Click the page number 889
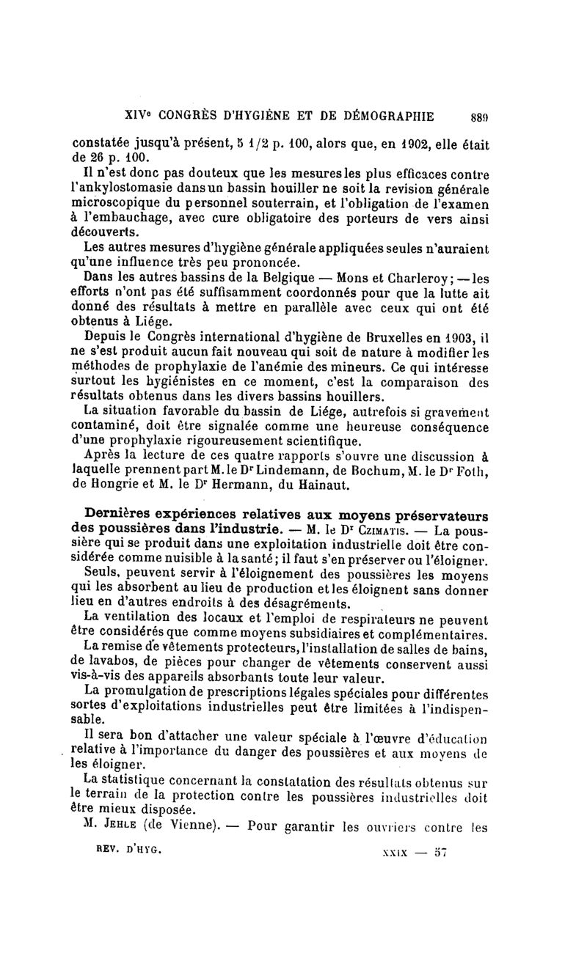click(x=478, y=115)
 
